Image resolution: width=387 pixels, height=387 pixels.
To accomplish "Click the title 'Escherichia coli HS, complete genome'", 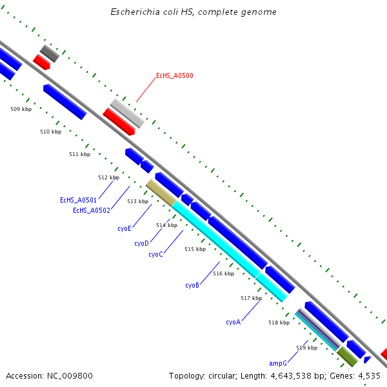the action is point(193,12).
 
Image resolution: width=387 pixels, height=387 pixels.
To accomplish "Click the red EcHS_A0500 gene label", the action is point(174,76).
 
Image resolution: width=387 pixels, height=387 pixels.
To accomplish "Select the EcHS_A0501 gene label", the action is point(78,201).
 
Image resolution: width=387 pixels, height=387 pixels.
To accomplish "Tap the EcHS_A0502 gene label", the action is point(91,210).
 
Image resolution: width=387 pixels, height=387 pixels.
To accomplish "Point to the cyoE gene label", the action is point(124,228).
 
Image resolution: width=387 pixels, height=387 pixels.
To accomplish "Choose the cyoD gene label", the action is point(141,244).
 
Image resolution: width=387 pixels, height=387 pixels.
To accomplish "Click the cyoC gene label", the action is point(155,255).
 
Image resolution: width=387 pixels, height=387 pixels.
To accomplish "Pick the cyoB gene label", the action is point(192,286).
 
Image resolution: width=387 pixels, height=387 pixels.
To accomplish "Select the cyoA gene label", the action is point(233,322).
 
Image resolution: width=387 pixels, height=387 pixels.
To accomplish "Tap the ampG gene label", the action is point(278,364).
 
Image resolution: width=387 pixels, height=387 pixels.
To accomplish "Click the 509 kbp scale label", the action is point(21,109).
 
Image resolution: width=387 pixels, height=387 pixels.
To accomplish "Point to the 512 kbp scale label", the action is point(108,177).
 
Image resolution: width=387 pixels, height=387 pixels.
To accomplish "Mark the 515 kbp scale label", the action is point(195,249).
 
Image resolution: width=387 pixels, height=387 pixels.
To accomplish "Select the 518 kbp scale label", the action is point(279,322).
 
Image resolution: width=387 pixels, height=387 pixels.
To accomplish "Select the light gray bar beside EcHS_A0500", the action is point(127,113).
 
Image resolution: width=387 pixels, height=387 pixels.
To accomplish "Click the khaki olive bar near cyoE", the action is point(160,193).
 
